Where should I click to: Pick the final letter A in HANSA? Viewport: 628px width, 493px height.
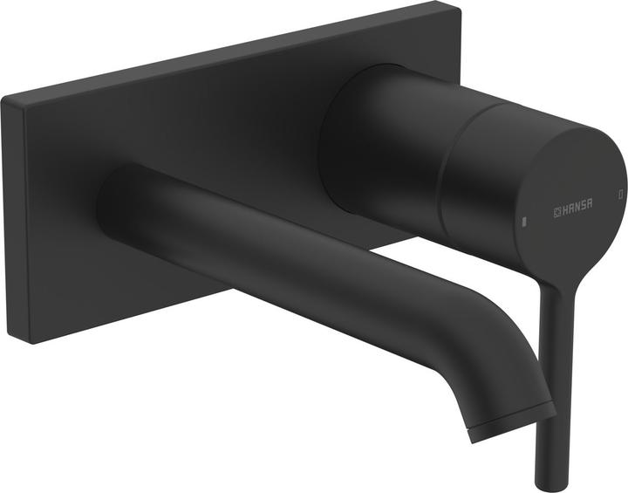coord(590,209)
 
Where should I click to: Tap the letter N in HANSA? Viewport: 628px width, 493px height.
coord(575,209)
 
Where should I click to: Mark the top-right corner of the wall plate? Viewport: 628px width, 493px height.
coord(461,4)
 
